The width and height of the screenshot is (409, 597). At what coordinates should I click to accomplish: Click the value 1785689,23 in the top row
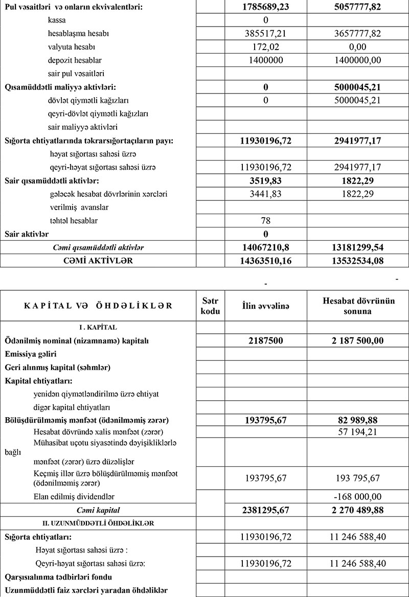(x=266, y=8)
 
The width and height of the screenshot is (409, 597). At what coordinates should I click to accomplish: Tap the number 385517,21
(x=266, y=33)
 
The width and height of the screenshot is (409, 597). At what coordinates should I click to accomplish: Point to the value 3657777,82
(x=357, y=33)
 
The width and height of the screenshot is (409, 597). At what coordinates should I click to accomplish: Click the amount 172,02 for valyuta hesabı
(x=266, y=47)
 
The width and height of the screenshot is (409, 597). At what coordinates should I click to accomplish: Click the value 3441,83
(x=266, y=194)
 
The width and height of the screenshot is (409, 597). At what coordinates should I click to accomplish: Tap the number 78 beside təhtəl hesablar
(x=266, y=221)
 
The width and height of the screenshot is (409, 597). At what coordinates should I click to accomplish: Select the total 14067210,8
(x=266, y=247)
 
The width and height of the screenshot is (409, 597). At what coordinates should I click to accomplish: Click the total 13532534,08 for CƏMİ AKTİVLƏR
(x=357, y=261)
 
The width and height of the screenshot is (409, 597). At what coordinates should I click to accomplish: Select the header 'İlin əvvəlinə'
(x=266, y=306)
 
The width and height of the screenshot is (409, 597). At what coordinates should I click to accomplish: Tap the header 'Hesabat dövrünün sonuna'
(x=357, y=306)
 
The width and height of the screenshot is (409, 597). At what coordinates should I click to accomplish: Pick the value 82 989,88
(x=357, y=420)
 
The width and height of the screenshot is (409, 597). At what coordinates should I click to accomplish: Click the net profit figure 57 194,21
(x=357, y=432)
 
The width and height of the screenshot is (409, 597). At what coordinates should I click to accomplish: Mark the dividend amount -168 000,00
(x=357, y=496)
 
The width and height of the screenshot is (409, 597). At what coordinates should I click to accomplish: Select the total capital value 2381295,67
(x=266, y=510)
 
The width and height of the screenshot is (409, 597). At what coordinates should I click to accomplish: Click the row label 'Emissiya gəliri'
(x=30, y=354)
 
